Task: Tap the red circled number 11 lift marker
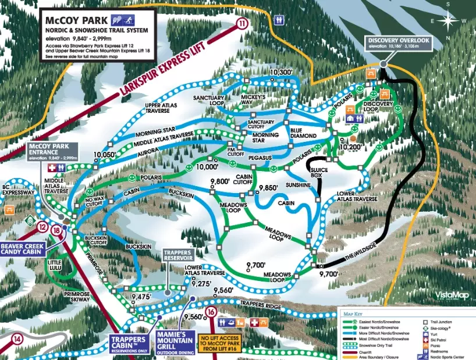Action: point(242,24)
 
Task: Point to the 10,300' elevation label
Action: point(280,72)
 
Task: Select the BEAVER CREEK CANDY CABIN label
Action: point(22,248)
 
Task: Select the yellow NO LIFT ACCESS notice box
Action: point(222,344)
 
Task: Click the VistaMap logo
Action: point(452,295)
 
